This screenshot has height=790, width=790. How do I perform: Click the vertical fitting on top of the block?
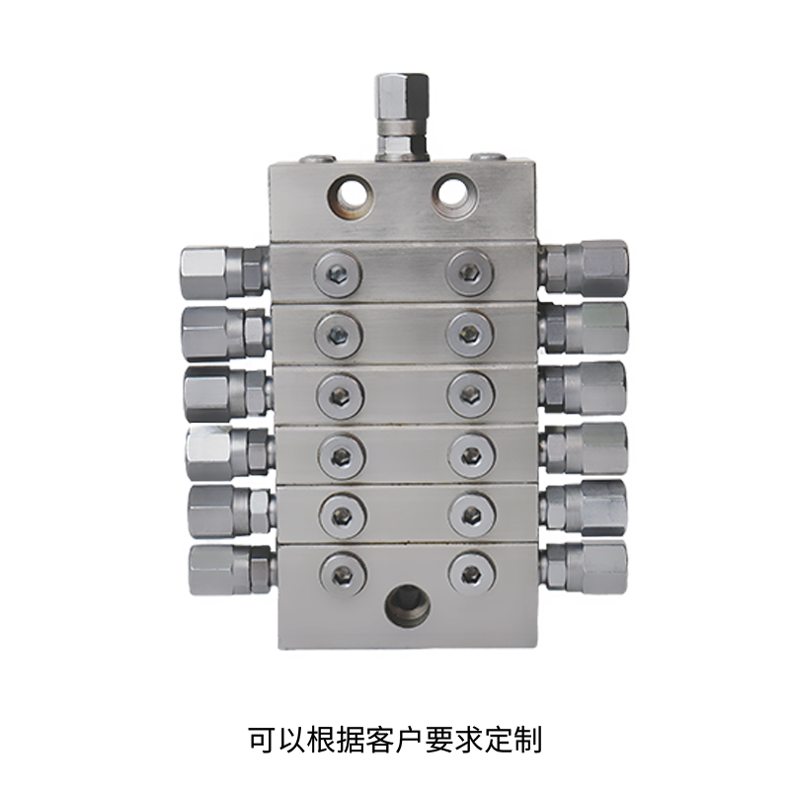pos(402,118)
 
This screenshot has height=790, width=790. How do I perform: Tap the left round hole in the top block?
pos(350,197)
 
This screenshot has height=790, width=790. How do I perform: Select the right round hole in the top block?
pos(454,196)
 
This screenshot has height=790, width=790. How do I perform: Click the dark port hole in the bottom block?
pos(408,605)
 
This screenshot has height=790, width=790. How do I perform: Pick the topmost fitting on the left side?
pos(224,273)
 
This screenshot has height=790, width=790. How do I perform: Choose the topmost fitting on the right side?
pos(584,267)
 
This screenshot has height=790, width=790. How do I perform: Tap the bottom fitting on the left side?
pos(232,570)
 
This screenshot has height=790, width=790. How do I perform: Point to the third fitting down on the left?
pos(228,393)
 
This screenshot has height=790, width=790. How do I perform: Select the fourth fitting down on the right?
pos(584,448)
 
